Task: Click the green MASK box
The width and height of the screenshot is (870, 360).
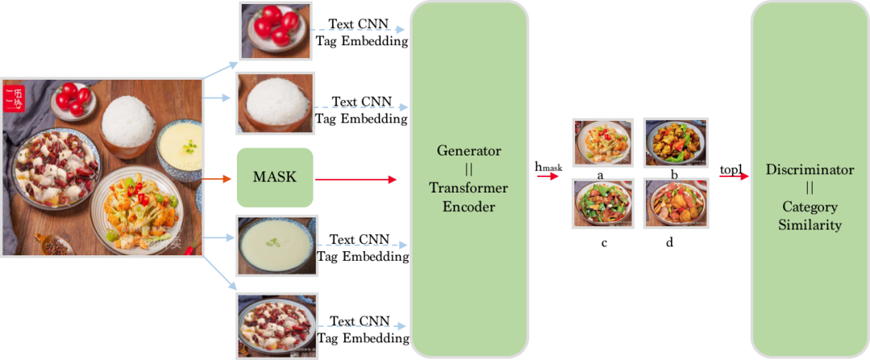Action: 274,177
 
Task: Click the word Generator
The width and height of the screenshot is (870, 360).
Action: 469,151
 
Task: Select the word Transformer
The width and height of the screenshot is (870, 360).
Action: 469,188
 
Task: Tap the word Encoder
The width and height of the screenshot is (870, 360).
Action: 469,206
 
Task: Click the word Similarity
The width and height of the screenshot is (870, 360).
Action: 810,225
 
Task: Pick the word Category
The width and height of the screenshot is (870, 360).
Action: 810,206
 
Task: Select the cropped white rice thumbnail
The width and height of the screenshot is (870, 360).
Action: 275,102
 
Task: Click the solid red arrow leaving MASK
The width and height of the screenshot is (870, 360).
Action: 355,178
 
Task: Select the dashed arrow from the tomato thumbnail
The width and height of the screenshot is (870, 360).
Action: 358,31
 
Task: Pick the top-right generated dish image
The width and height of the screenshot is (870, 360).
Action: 675,142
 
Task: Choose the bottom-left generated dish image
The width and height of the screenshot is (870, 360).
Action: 602,201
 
